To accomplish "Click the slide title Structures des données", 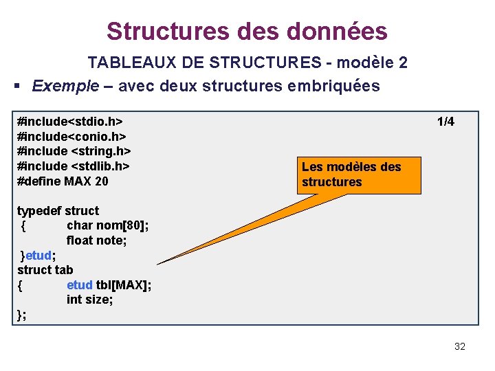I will click(247, 31).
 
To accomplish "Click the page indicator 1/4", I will click(445, 122).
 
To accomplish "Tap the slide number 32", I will click(460, 346).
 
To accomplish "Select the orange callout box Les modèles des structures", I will click(360, 175).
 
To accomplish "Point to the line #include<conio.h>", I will click(71, 136).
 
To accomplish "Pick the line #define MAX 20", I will click(63, 181).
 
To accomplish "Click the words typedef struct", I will click(58, 211).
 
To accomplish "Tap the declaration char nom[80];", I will click(108, 225).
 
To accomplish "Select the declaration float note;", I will click(97, 240).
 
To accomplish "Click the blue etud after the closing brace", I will click(38, 256).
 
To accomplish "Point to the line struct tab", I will click(45, 270).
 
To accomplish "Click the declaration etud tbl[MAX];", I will click(109, 285).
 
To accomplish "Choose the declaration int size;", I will click(89, 300).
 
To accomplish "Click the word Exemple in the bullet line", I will click(65, 87).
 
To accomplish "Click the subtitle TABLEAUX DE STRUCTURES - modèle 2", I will click(247, 63).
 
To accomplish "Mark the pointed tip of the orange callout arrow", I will click(158, 264).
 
